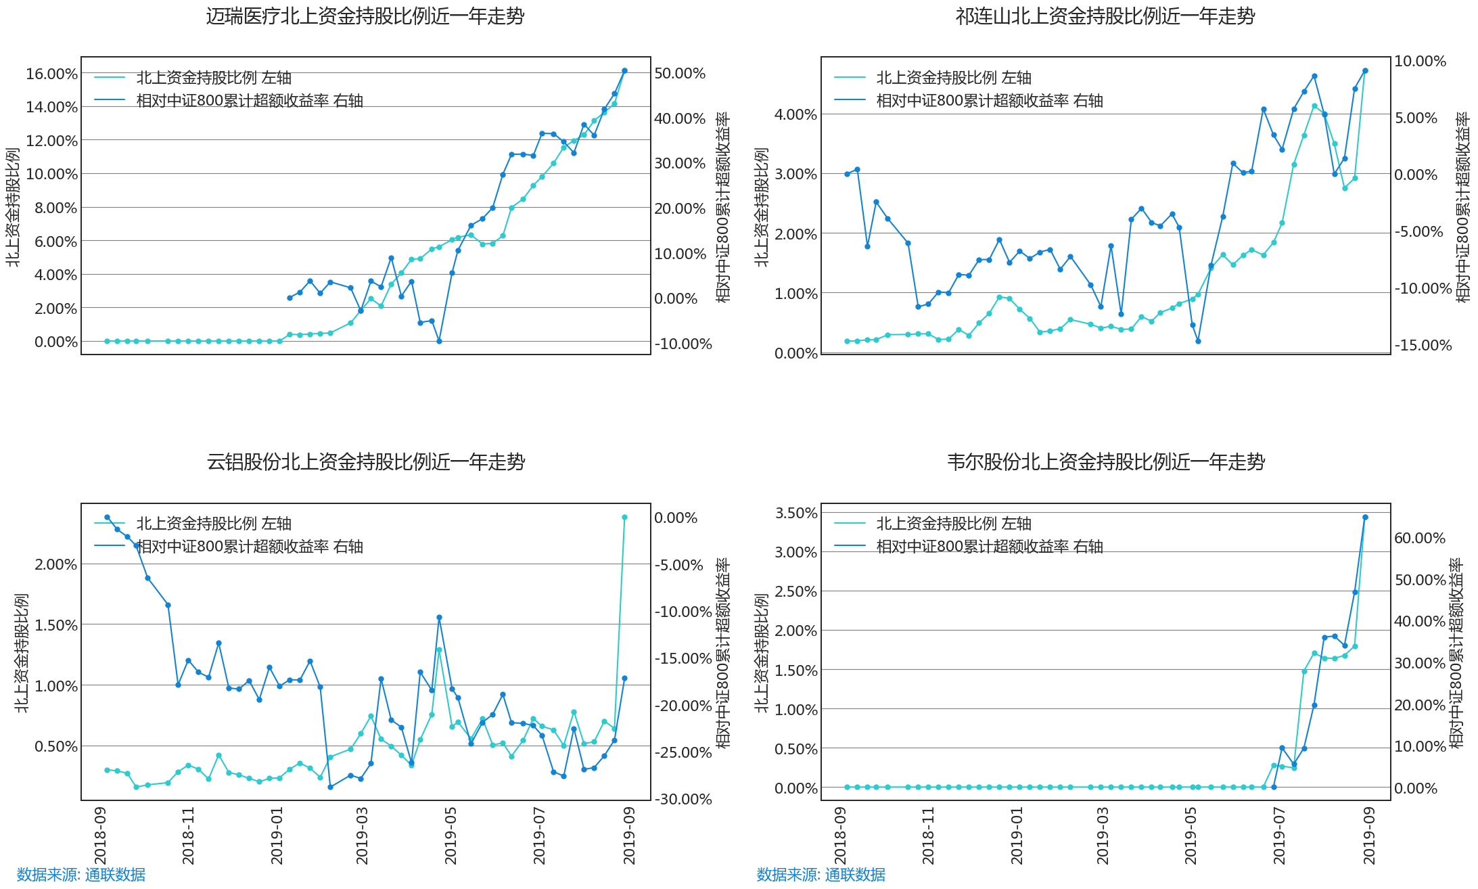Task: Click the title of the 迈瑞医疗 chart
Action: coord(365,16)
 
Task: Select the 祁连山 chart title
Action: coord(1105,16)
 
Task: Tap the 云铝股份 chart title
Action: coord(366,462)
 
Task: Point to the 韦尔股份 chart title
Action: coord(1106,462)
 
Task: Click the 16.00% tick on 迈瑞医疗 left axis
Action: coord(52,74)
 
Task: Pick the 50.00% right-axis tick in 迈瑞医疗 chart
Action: coord(680,73)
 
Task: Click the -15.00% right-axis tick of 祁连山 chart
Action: coord(1423,345)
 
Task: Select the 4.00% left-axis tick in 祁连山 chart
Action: coord(796,114)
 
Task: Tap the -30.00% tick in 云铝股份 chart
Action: coord(683,799)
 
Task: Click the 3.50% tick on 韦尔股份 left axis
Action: coord(796,513)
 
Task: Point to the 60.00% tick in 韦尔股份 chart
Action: coord(1421,538)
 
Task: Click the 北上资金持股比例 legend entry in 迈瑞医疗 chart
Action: coord(193,78)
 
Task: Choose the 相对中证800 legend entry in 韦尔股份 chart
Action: coord(969,547)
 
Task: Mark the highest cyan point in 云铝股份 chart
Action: coord(624,517)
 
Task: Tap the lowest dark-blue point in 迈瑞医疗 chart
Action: coord(439,341)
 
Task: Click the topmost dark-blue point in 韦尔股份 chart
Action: coord(1365,517)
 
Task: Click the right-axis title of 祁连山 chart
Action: coord(1462,207)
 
